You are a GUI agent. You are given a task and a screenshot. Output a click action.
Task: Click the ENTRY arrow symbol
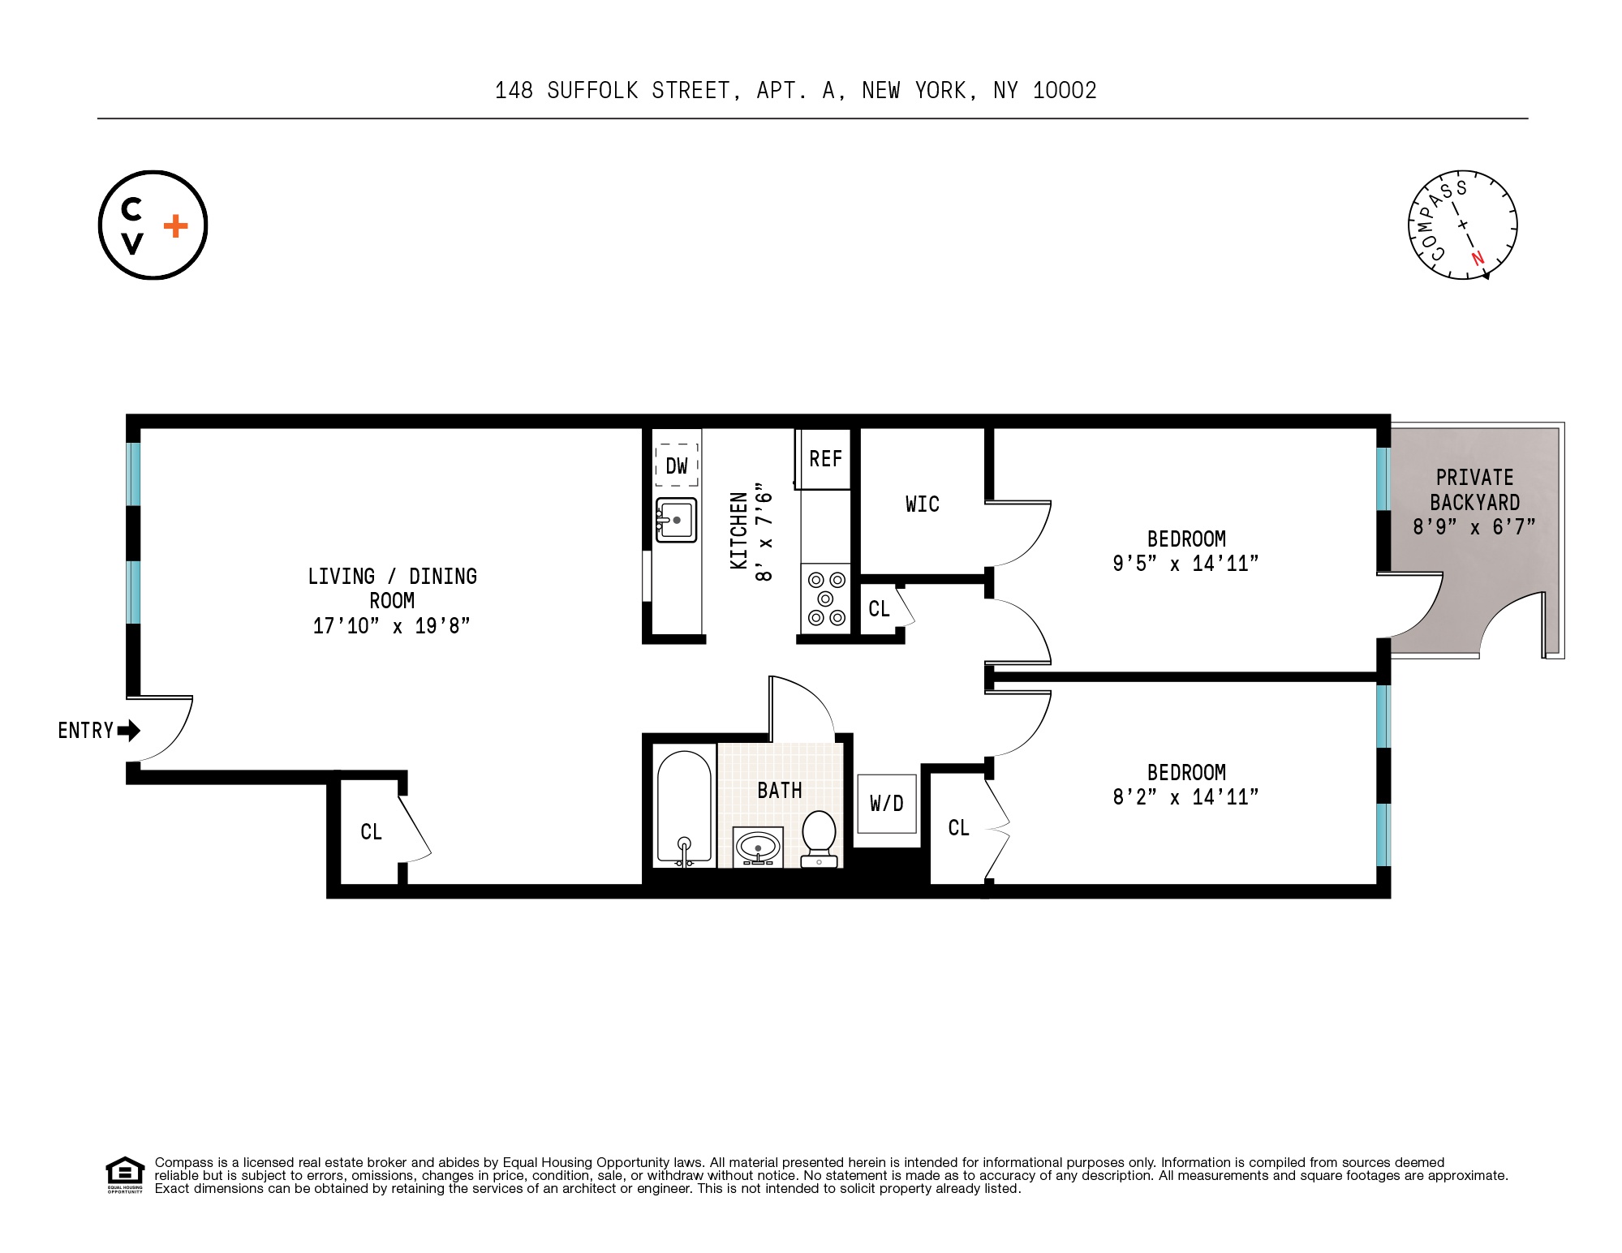[x=129, y=731]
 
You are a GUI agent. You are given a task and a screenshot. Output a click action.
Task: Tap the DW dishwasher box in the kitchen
[x=677, y=465]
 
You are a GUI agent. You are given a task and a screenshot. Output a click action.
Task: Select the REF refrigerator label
[x=826, y=459]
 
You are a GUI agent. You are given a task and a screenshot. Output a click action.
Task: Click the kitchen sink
[x=677, y=520]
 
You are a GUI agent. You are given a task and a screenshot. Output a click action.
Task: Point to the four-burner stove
[x=826, y=599]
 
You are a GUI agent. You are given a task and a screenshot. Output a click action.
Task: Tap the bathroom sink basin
[x=758, y=847]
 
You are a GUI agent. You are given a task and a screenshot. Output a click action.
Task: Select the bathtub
[x=684, y=807]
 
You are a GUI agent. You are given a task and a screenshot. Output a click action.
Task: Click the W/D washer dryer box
[x=887, y=803]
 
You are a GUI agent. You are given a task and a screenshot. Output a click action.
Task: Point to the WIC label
[x=923, y=504]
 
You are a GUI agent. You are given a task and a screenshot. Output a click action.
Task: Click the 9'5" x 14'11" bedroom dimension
[x=1185, y=564]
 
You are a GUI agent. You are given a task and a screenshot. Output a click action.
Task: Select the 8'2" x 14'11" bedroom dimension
[x=1185, y=797]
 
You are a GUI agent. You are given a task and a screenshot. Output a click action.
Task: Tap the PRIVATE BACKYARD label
[x=1475, y=490]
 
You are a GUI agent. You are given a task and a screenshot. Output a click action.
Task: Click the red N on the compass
[x=1478, y=259]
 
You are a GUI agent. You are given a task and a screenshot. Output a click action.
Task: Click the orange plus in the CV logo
[x=176, y=225]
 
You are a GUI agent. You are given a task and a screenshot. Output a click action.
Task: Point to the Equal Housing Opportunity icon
[x=125, y=1174]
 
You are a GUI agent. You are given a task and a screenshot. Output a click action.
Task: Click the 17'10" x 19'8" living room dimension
[x=391, y=626]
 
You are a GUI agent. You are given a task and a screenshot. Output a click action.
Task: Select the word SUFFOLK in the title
[x=593, y=91]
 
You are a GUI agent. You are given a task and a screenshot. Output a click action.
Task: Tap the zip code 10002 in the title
[x=1065, y=91]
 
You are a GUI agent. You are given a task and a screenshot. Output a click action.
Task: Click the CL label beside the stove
[x=879, y=609]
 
